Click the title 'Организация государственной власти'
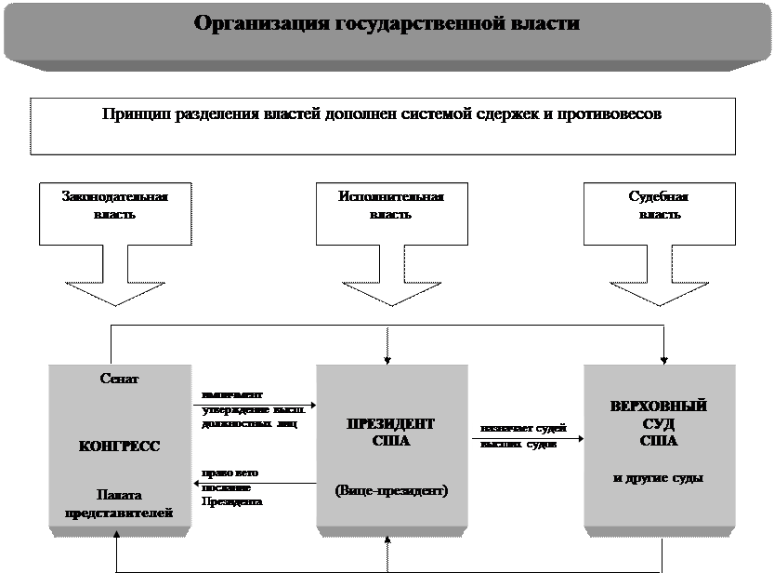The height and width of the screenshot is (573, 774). (x=387, y=23)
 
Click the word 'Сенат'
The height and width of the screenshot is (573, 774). (x=119, y=380)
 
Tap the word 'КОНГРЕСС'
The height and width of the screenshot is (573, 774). (x=119, y=446)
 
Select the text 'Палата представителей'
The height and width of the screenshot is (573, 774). (x=119, y=502)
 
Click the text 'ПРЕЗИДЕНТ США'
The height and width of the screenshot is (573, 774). (x=390, y=433)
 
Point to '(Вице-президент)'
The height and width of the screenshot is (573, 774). (x=390, y=489)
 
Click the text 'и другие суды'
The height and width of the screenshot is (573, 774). (x=659, y=478)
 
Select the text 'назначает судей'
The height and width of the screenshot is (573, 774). (x=518, y=429)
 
